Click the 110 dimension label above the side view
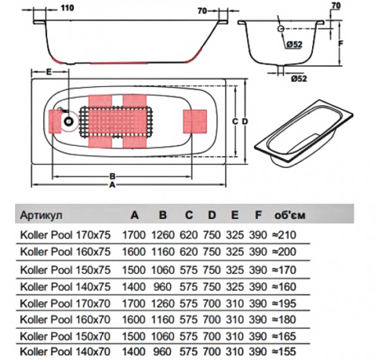67,8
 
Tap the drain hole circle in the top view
69,122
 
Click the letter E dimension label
49,71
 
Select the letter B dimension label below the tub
112,176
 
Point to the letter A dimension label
112,185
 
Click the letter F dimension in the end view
340,43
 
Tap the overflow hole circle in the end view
281,29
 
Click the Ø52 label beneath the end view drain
299,78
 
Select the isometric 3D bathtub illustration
303,133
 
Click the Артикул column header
42,215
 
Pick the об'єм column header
290,215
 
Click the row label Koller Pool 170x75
65,235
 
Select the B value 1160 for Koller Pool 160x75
163,252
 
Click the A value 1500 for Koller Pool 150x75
134,270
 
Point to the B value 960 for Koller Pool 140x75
162,287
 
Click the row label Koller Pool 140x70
65,351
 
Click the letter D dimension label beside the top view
245,122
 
